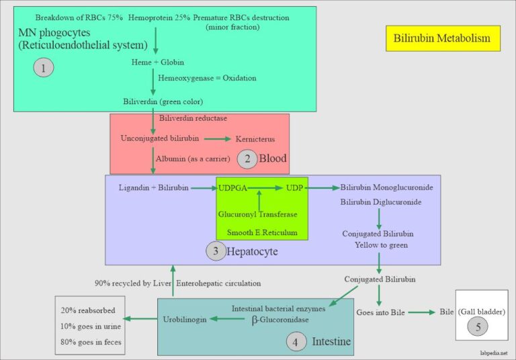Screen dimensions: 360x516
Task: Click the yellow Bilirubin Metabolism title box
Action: [x=443, y=38]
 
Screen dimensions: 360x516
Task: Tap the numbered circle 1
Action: [x=43, y=68]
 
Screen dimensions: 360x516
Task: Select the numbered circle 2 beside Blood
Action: [x=247, y=159]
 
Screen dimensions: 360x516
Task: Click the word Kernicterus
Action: [x=255, y=139]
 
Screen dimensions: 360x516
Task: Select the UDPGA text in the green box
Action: [x=232, y=187]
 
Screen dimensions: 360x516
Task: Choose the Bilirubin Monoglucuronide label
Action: [x=386, y=187]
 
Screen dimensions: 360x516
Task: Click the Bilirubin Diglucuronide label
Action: [x=381, y=202]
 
